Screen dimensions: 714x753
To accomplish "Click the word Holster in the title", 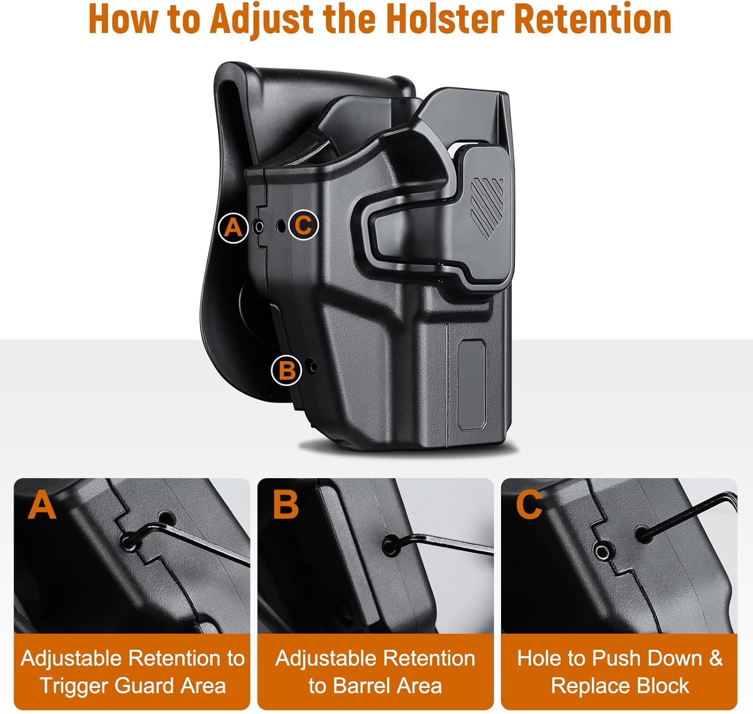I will coord(445,19).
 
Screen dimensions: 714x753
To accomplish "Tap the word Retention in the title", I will coord(593,19).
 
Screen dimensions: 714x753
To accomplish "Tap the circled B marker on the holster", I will coord(286,371).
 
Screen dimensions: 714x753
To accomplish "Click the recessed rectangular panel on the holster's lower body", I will coord(472,384).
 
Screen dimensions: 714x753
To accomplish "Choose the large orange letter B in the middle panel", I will coord(285,504).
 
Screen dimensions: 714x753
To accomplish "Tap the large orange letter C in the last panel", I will coord(529,504).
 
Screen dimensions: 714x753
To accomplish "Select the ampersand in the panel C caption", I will coord(715,658).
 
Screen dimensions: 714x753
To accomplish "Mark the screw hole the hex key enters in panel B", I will coord(390,546).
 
